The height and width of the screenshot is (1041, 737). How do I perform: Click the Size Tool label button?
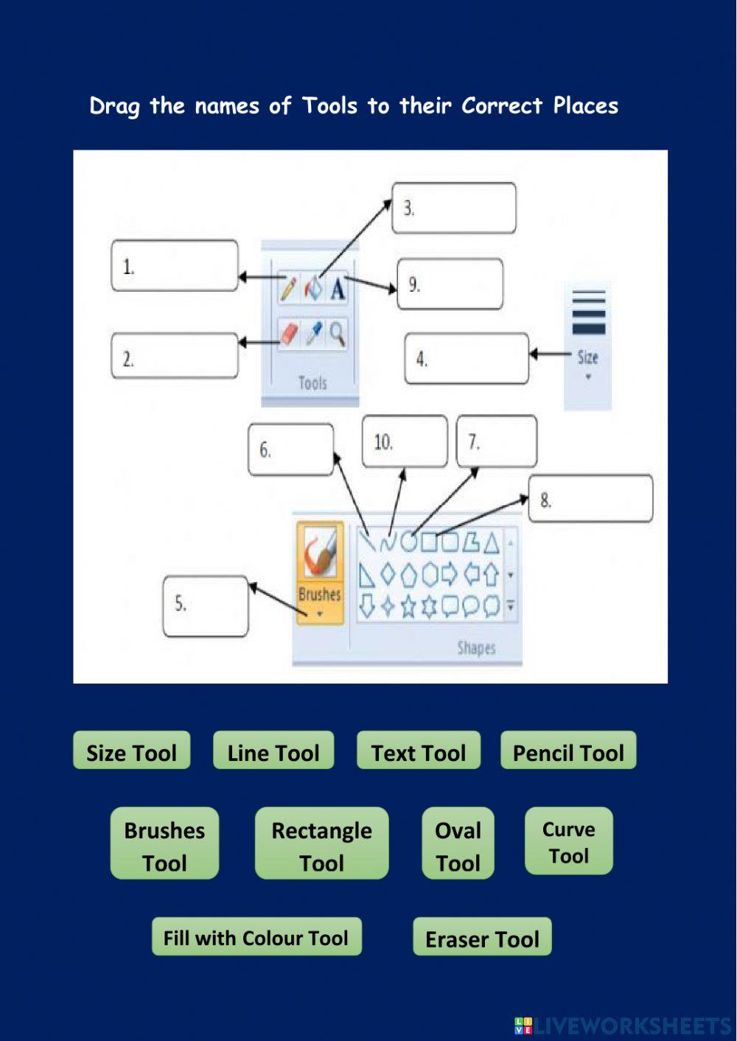coord(131,751)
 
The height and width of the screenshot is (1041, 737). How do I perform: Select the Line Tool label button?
coord(273,751)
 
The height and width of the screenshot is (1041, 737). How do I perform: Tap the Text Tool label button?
coord(418,751)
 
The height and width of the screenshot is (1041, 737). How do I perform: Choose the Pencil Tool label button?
coord(567,751)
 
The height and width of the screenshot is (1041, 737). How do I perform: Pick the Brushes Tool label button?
coord(164,844)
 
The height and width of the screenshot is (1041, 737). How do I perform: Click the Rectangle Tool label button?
coord(321,844)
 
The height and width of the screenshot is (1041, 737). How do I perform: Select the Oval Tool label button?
coord(458,844)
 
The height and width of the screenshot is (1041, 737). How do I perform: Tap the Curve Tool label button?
coord(568,841)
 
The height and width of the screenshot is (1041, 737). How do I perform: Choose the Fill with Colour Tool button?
coord(256,937)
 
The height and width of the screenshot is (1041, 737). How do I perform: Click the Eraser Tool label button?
coord(482,937)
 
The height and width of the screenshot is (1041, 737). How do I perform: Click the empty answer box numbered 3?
coord(453,208)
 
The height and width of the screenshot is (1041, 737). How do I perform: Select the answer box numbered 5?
coord(206,606)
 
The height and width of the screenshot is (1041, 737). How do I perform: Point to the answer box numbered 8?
coord(590,499)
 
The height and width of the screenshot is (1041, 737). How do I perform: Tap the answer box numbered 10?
coord(405,441)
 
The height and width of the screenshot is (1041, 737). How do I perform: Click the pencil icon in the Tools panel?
coord(288,288)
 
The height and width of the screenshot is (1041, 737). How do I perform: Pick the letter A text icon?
coord(338,289)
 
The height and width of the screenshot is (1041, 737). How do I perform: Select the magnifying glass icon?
coord(338,334)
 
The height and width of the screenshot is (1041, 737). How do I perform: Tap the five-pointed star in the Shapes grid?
coord(408,606)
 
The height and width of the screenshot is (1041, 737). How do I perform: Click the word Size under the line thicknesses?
coord(587,358)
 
